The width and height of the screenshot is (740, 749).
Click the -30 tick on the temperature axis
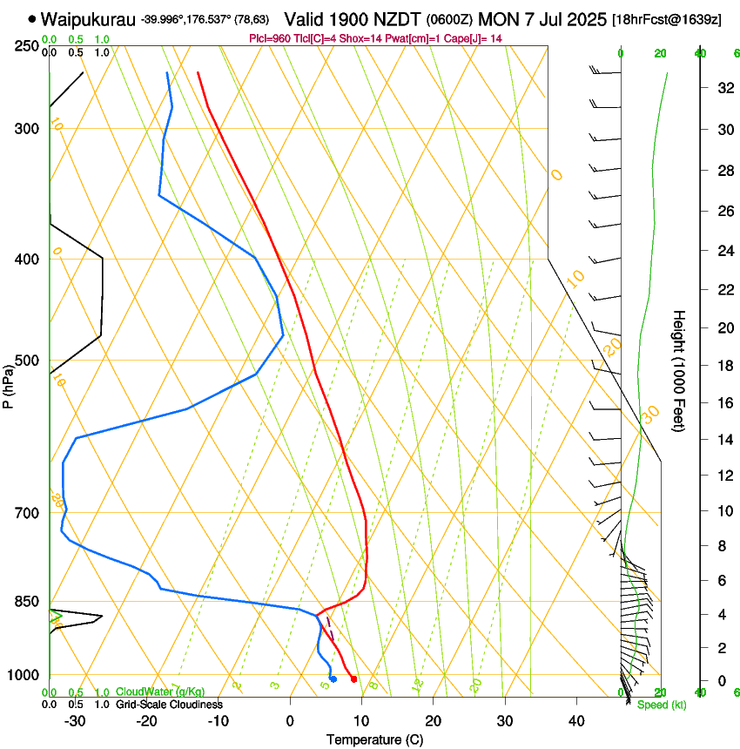tap(75, 720)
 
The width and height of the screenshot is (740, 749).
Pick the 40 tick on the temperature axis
tap(575, 720)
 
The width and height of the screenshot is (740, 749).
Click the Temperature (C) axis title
tap(374, 739)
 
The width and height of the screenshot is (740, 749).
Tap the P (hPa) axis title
tap(9, 384)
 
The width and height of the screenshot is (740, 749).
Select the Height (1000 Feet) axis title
tap(679, 370)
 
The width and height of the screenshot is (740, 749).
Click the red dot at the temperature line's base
tap(353, 678)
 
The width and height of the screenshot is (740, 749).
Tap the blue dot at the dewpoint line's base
tap(333, 678)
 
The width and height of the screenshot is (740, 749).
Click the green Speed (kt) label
tap(661, 705)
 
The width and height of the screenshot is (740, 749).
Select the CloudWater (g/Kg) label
tap(160, 692)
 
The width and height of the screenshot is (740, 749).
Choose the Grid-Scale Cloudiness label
tap(169, 705)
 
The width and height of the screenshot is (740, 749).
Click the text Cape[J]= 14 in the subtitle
tap(473, 39)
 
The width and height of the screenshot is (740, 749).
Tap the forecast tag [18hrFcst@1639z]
tap(666, 19)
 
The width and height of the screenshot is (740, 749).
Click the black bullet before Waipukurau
tap(32, 18)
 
